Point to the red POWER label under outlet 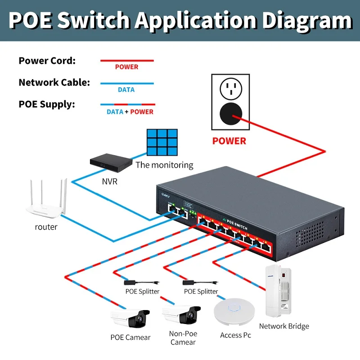[229, 141]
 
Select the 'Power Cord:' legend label [47, 61]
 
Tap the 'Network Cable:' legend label [54, 83]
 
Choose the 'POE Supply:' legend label [47, 104]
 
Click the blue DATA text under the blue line [126, 90]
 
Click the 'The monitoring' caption [164, 165]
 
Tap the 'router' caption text [46, 227]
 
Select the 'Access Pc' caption [235, 335]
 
